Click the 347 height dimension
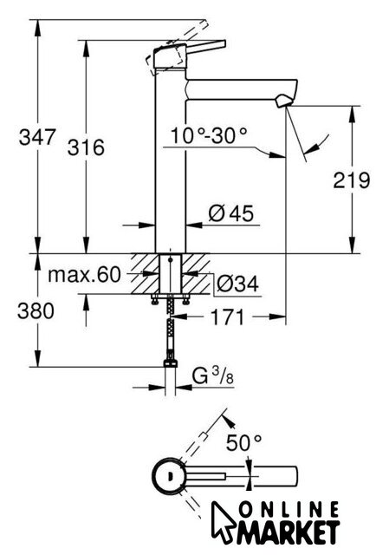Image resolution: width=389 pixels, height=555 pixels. point(37,137)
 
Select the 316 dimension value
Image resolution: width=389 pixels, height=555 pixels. point(86,147)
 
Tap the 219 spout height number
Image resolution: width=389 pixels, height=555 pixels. point(352,180)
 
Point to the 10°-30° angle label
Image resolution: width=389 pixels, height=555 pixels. point(209,135)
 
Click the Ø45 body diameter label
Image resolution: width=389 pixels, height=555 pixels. point(231,213)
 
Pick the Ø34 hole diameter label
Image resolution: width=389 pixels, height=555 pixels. point(237,284)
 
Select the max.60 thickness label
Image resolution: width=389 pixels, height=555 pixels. point(84,274)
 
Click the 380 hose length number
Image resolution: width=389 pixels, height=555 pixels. point(36,311)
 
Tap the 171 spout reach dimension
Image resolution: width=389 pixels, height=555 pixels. point(227,317)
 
